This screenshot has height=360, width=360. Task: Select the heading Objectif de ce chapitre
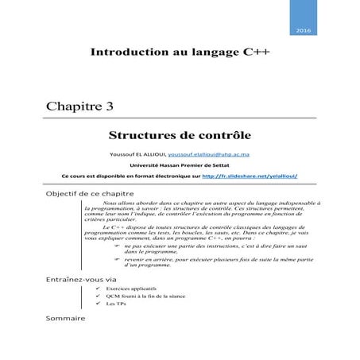[x=88, y=195]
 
